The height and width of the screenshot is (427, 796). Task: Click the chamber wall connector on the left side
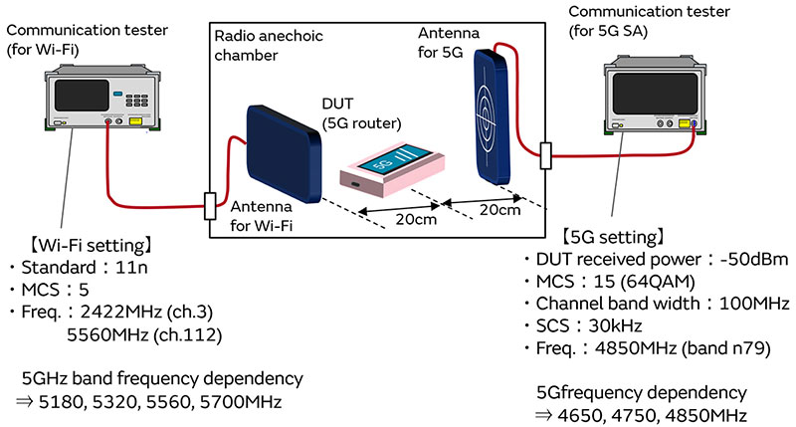click(x=210, y=205)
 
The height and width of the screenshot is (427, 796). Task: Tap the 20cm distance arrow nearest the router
click(x=400, y=210)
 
